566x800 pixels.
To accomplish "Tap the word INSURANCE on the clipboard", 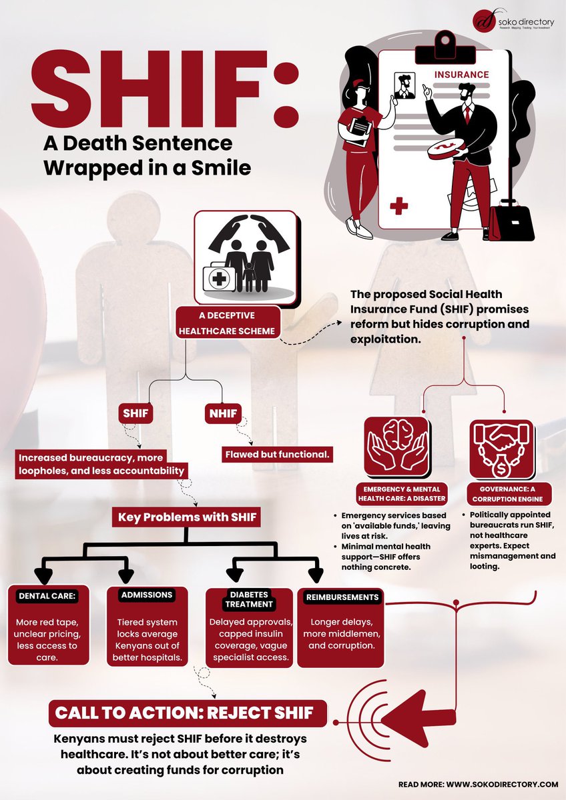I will pyautogui.click(x=462, y=75).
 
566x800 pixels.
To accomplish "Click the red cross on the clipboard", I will pyautogui.click(x=399, y=205).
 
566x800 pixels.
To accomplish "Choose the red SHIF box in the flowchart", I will pyautogui.click(x=135, y=414).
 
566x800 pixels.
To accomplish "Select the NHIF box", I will pyautogui.click(x=222, y=414).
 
